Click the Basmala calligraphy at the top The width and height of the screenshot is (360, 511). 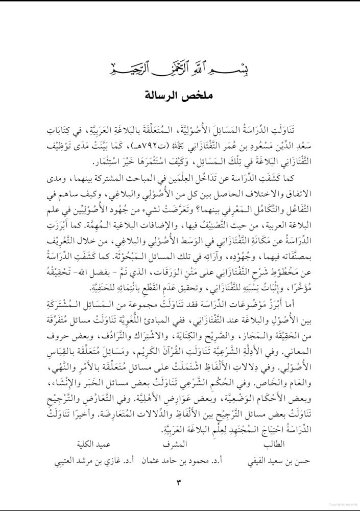[x=180, y=68]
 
